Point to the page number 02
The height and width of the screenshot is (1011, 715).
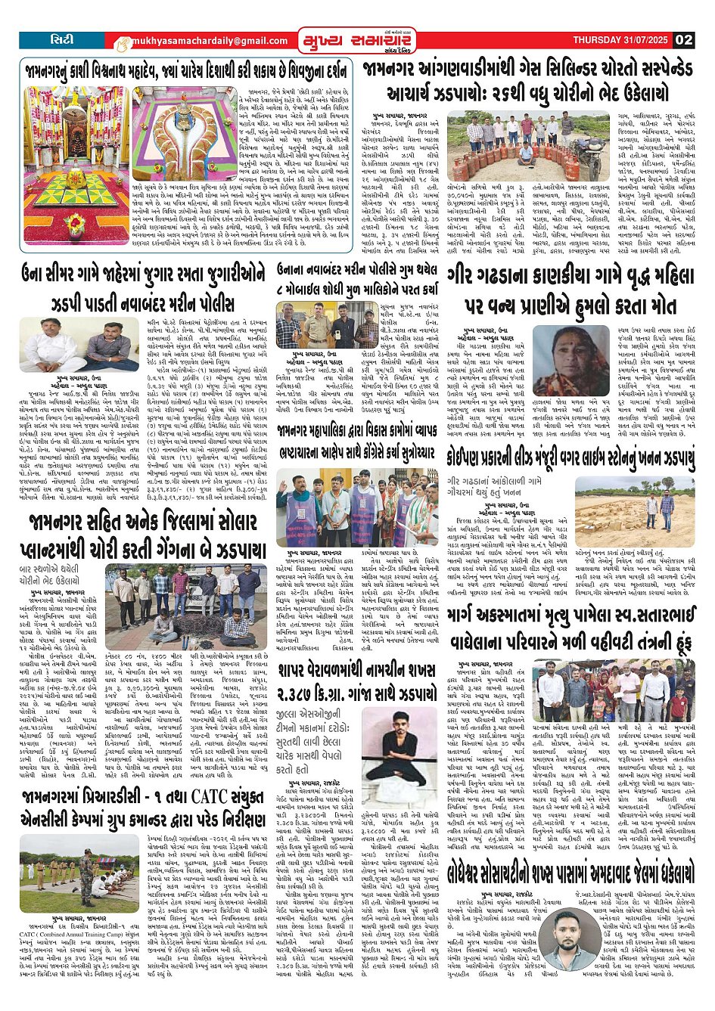[684, 40]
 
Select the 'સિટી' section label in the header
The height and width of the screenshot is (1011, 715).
[63, 39]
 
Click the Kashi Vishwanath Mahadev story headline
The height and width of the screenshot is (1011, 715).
[186, 71]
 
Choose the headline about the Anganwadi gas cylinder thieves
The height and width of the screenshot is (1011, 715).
[527, 81]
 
